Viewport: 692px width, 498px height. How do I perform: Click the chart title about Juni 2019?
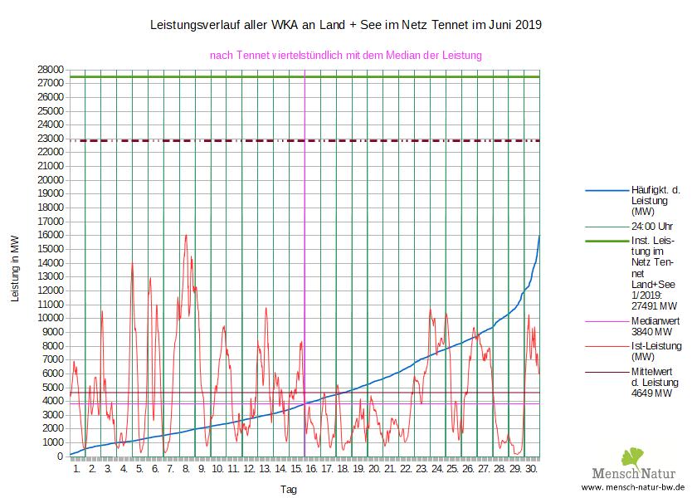[345, 25]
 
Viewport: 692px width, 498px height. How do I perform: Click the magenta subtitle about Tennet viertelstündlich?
[346, 56]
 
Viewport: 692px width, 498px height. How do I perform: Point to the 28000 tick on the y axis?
[51, 70]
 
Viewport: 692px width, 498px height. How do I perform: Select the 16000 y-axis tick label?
[51, 235]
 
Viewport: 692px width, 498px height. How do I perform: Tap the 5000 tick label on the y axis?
[53, 387]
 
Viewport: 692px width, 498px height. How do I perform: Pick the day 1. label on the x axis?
[77, 469]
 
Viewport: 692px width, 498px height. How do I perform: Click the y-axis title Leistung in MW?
[16, 266]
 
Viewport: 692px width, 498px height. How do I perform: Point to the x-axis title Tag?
[289, 490]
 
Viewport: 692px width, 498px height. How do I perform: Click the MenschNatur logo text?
[632, 474]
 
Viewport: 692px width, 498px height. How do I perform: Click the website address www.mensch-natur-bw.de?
[633, 488]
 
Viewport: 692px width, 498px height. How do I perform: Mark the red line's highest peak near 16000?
[186, 235]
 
